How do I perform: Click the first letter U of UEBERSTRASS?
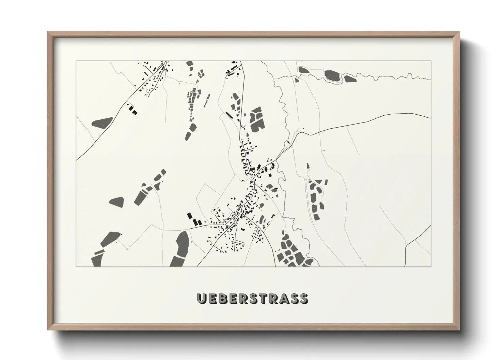(x=202, y=298)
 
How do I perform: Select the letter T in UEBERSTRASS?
(x=262, y=298)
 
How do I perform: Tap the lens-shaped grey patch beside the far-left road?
(x=102, y=122)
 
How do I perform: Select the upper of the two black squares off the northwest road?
(x=130, y=108)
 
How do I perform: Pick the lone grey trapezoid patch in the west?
(x=116, y=201)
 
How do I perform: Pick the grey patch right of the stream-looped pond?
(x=349, y=79)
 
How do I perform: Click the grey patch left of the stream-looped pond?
(x=303, y=70)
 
